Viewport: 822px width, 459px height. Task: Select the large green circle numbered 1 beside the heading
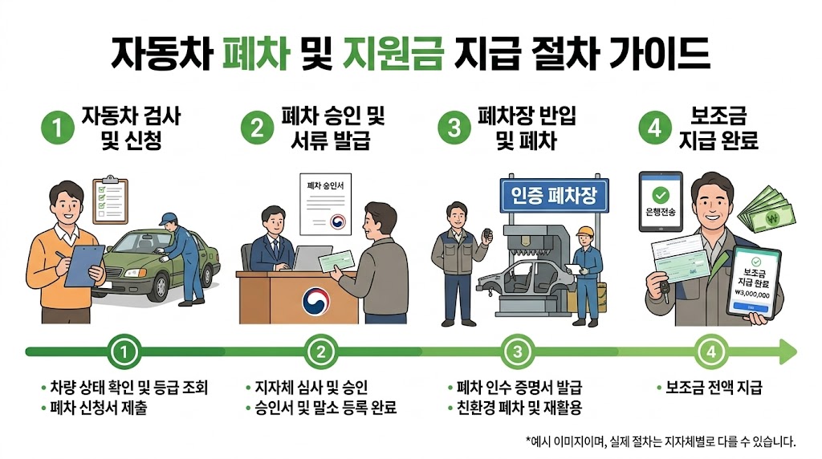coord(56,128)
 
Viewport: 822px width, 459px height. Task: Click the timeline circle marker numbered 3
coord(517,351)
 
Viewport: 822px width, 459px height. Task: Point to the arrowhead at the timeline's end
coord(787,351)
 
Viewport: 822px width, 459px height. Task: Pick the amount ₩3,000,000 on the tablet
coord(751,295)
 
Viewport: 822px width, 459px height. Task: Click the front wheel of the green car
coord(153,284)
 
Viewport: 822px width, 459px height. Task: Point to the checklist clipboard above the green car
coord(110,199)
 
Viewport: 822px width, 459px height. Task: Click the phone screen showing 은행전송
coord(661,201)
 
